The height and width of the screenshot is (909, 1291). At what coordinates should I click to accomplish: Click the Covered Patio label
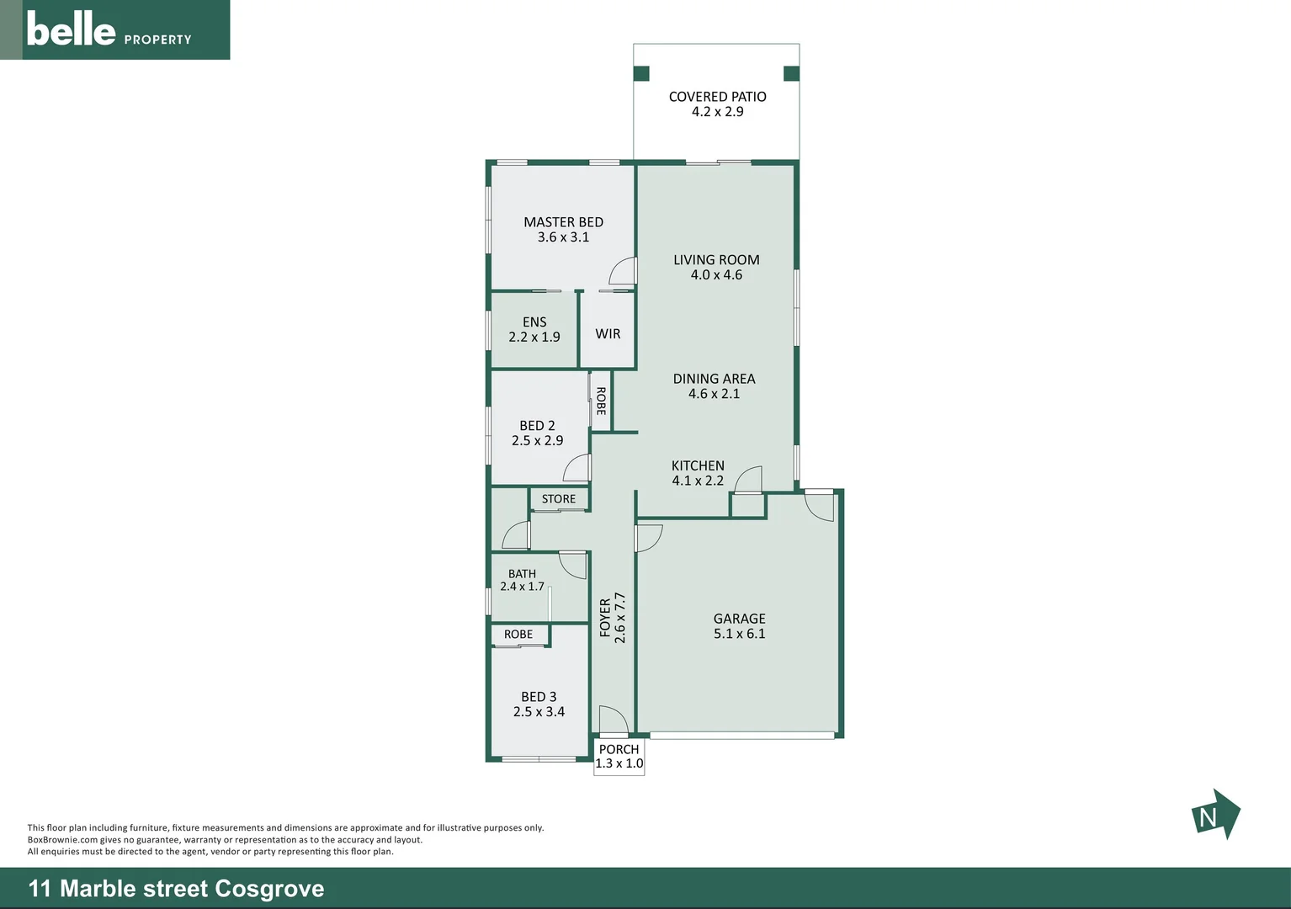717,97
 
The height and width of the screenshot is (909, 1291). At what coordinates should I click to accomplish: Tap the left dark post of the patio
641,74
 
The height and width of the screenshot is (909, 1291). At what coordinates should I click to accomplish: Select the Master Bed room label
563,222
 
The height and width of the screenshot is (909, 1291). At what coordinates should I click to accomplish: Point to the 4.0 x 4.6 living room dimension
716,275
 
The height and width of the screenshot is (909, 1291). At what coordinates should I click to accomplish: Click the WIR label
608,334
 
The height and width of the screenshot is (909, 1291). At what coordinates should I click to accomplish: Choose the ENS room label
534,322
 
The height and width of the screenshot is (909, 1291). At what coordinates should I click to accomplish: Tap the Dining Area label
714,379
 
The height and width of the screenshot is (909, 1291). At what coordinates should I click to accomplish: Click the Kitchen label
698,465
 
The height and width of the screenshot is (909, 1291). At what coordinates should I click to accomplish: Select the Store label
559,499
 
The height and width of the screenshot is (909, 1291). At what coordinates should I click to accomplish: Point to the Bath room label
522,574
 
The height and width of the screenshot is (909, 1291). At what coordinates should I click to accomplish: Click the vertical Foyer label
605,618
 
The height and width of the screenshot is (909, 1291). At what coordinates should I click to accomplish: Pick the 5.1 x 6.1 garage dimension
740,634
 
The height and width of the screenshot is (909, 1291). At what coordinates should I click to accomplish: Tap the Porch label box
619,757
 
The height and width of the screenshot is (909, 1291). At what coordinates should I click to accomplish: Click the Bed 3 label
539,697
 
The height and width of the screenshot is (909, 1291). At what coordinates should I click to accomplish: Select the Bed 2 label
537,426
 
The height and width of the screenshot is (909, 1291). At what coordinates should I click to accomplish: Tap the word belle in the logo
71,29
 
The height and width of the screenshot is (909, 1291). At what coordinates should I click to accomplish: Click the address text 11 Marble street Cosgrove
177,889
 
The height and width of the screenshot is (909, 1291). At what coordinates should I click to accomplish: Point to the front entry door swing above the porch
613,720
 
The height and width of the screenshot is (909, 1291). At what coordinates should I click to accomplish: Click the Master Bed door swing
624,271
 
